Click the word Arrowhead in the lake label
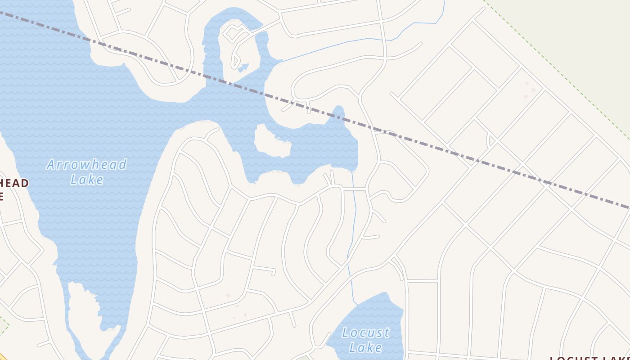pyautogui.click(x=86, y=165)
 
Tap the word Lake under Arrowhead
pyautogui.click(x=87, y=180)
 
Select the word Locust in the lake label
pyautogui.click(x=365, y=333)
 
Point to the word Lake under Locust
pyautogui.click(x=365, y=347)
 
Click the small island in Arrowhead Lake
pyautogui.click(x=271, y=142)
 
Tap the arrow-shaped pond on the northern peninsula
pyautogui.click(x=243, y=67)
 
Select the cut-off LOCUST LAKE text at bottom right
pyautogui.click(x=589, y=358)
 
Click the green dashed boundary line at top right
pyautogui.click(x=558, y=67)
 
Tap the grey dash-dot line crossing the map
pyautogui.click(x=450, y=152)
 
